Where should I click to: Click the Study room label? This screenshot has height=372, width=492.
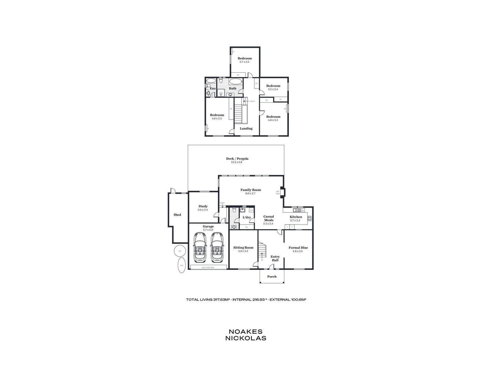203,206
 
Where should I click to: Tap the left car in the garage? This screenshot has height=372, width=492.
200,247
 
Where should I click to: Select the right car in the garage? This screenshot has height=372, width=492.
217,247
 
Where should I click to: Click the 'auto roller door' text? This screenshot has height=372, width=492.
208,267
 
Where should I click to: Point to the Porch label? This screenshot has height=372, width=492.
272,277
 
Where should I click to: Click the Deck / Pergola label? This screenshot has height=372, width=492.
237,159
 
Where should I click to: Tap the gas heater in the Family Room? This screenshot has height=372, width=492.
282,192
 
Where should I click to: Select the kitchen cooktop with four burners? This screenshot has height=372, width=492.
309,218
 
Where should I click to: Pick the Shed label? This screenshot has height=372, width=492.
177,215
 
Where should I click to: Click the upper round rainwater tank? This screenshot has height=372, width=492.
179,251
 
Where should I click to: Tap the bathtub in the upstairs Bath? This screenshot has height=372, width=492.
235,82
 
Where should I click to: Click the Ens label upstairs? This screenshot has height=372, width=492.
212,89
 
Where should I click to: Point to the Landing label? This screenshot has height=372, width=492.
246,128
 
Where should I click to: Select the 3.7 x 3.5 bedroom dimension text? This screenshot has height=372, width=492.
244,62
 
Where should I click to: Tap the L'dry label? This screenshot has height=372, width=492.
247,217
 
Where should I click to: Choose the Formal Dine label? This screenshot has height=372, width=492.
298,248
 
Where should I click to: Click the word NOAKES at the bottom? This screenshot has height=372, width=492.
245,332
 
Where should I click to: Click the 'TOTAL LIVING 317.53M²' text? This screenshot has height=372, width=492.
208,300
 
